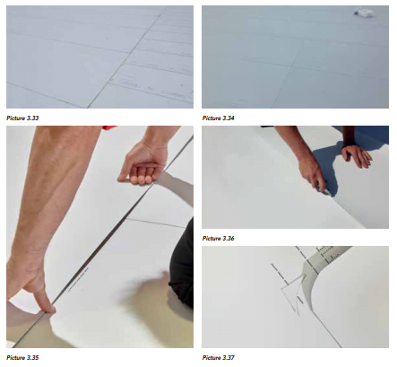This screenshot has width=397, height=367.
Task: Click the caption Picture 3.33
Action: (x=22, y=118)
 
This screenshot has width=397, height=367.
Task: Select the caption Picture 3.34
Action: (x=219, y=118)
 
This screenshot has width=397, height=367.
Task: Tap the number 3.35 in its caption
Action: (x=32, y=358)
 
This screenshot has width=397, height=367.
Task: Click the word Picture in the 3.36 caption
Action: (x=211, y=239)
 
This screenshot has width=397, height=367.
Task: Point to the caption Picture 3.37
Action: (x=219, y=358)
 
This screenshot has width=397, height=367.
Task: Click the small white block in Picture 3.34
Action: (x=364, y=13)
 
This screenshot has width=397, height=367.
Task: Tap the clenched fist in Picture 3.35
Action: (x=143, y=163)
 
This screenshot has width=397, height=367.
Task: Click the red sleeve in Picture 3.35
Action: (x=109, y=127)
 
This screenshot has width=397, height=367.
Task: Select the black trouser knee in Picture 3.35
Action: (x=181, y=263)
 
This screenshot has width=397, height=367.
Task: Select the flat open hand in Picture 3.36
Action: (x=357, y=155)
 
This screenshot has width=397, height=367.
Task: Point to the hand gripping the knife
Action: (x=312, y=173)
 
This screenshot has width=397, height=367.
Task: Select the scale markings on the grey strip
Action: (x=328, y=254)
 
